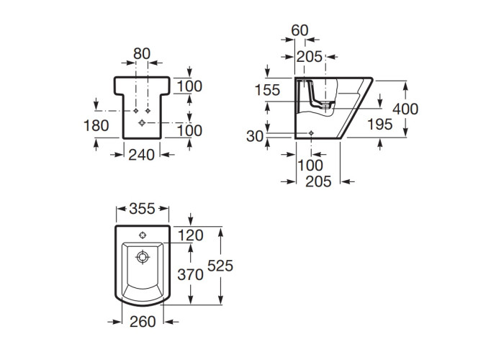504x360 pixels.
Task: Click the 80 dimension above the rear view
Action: (142, 54)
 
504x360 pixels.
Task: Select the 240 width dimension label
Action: (141, 155)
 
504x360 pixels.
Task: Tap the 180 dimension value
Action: (96, 125)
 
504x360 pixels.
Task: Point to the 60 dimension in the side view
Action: (300, 30)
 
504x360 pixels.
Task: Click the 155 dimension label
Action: (267, 90)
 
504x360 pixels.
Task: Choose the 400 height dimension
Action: (405, 109)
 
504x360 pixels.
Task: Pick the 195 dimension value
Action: (380, 124)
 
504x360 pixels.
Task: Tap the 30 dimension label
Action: (255, 136)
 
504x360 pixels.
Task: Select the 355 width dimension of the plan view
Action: (142, 209)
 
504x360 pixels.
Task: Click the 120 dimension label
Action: (191, 235)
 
